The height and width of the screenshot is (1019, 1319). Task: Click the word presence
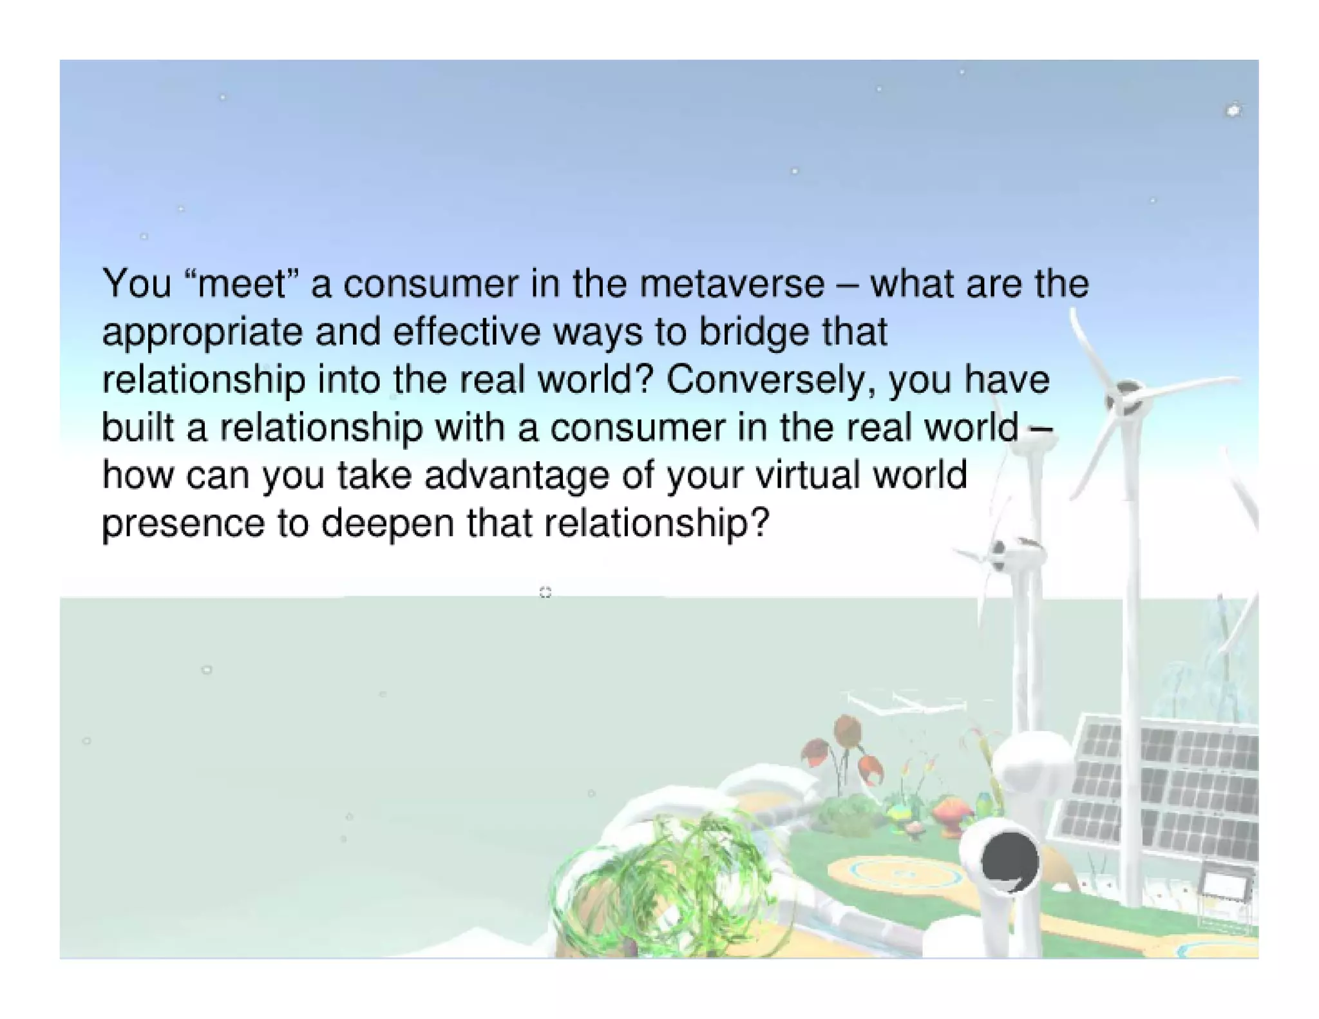[x=183, y=523]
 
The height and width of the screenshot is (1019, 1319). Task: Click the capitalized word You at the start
[x=137, y=284]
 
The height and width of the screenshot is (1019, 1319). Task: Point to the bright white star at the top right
[x=1233, y=111]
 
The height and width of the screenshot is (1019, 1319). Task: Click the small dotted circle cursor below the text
[x=545, y=592]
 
